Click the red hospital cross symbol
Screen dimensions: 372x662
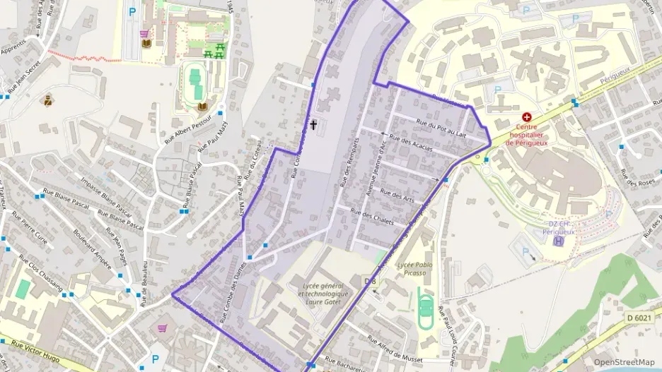point(526,117)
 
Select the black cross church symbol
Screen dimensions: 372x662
point(313,126)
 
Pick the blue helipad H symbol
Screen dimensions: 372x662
point(559,241)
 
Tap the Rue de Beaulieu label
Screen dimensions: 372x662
point(144,283)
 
